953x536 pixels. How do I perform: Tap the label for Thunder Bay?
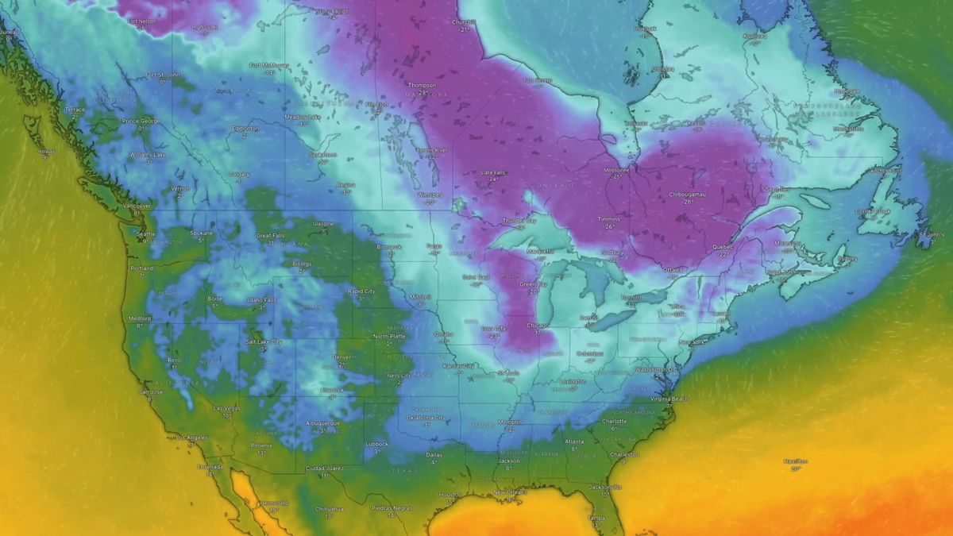[520, 221]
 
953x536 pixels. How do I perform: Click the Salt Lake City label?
[263, 341]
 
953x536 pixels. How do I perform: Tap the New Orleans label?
[509, 492]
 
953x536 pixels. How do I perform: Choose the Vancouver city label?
[137, 206]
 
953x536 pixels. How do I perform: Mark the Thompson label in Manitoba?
[422, 86]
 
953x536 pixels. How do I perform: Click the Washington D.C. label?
[656, 369]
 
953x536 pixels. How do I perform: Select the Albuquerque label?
[322, 423]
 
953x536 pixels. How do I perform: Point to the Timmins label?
[608, 218]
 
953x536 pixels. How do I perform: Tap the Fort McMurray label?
[267, 66]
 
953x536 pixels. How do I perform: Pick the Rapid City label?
[361, 291]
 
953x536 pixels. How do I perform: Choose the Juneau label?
[9, 33]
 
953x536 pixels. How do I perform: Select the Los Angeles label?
[191, 438]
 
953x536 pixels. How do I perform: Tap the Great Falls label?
[270, 236]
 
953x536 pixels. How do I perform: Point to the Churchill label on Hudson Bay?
[464, 23]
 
